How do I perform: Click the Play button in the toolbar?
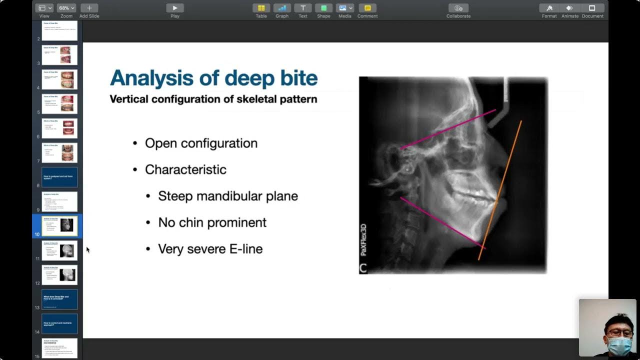click(x=174, y=8)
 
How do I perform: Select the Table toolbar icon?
click(x=261, y=8)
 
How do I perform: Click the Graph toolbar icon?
click(x=282, y=8)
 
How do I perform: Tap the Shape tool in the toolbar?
click(x=323, y=8)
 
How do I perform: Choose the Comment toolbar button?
click(x=367, y=8)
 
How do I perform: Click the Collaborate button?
click(x=458, y=8)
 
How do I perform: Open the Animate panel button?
click(x=569, y=8)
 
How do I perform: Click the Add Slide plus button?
click(x=89, y=8)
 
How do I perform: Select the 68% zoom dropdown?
click(x=66, y=8)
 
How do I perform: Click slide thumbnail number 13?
click(x=59, y=299)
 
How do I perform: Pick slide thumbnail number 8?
click(x=59, y=177)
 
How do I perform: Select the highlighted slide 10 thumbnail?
click(x=59, y=226)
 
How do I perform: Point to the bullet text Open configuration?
click(x=201, y=143)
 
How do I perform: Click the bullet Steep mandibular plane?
click(x=227, y=196)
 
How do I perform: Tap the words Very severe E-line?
click(x=210, y=249)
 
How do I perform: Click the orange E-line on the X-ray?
click(x=500, y=190)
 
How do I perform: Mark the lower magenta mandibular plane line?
click(x=442, y=223)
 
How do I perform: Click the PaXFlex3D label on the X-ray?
click(x=364, y=239)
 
